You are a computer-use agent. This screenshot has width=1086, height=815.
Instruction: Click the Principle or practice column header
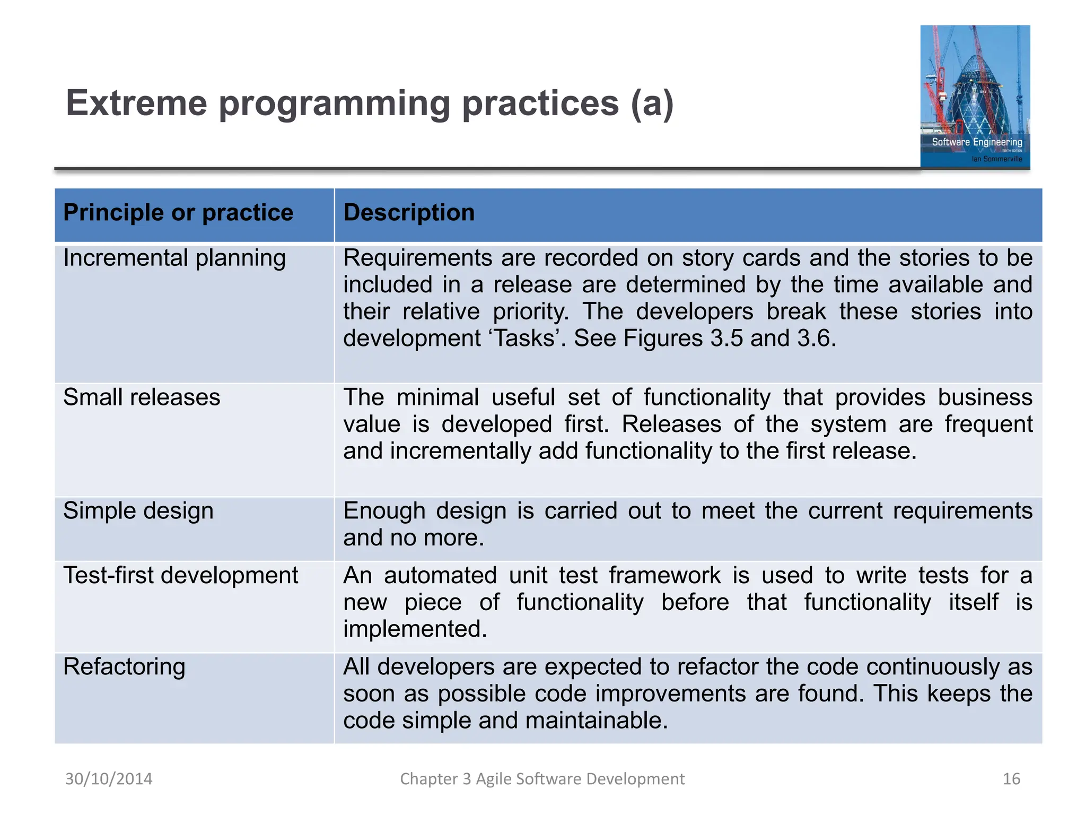tap(178, 213)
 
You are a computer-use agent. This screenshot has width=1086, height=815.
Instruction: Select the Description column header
tap(409, 213)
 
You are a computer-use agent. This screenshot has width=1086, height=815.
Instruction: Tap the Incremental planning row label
tap(174, 258)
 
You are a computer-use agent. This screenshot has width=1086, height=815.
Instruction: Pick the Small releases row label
tap(142, 397)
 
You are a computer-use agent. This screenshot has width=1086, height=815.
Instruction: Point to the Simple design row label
tap(138, 511)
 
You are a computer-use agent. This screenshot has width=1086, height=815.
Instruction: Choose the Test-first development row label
tap(181, 576)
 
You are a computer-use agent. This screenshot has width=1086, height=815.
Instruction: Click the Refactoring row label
tap(124, 667)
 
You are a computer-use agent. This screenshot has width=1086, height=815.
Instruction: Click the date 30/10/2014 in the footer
tap(109, 778)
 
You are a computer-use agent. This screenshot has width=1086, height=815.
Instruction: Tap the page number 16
tap(1011, 778)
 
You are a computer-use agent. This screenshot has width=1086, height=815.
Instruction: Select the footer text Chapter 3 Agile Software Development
tap(542, 778)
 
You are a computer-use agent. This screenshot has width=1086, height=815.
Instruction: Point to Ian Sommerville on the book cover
tap(996, 159)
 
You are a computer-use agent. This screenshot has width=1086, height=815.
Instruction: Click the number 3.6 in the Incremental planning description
tap(816, 339)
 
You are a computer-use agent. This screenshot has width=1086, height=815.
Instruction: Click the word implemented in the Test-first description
tap(415, 629)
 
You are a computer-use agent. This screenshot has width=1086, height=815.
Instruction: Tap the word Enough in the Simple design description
tap(384, 511)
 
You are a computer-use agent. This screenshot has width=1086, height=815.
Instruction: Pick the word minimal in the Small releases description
tap(437, 397)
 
